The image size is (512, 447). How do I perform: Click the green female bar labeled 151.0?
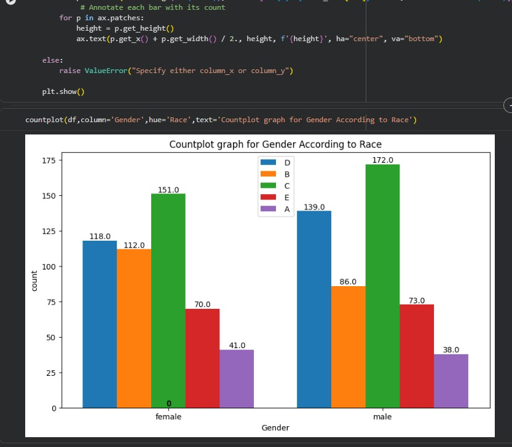click(168, 300)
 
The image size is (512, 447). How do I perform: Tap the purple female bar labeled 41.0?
click(237, 378)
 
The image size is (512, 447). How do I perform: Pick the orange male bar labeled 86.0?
click(348, 346)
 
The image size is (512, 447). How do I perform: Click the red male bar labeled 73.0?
click(417, 356)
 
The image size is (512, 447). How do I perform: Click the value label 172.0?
click(383, 160)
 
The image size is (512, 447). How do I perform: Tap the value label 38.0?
click(451, 349)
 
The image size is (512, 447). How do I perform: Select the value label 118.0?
click(100, 236)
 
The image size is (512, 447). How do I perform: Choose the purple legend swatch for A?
click(269, 209)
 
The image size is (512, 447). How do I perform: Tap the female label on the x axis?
click(168, 417)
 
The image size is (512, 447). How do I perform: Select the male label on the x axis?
click(382, 417)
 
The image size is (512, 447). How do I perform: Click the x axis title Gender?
click(275, 428)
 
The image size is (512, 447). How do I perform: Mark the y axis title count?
click(34, 281)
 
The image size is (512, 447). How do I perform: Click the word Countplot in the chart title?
click(193, 145)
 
